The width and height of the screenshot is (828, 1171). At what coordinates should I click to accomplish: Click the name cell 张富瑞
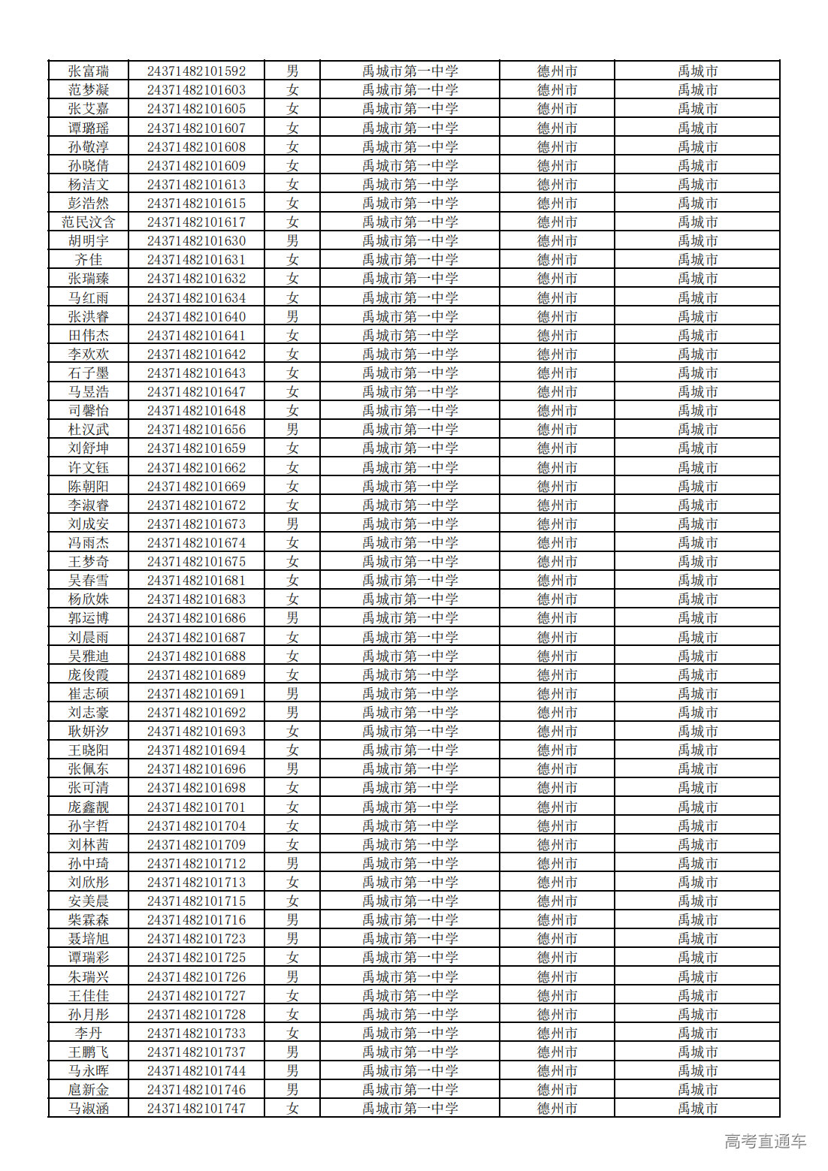point(89,71)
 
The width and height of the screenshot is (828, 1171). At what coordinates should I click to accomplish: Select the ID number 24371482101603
point(196,90)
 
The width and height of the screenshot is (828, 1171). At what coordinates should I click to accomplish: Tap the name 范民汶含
point(89,222)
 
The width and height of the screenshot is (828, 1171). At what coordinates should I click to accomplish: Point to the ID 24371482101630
point(196,241)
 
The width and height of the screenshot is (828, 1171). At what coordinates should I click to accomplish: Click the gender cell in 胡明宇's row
point(292,241)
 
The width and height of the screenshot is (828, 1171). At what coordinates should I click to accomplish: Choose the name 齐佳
point(89,260)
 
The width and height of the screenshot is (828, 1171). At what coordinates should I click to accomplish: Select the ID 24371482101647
point(196,392)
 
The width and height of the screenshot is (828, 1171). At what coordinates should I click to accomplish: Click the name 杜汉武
point(89,430)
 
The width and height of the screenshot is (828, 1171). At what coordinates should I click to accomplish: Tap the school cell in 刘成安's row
point(409,524)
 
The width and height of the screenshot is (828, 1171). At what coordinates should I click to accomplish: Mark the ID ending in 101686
point(196,618)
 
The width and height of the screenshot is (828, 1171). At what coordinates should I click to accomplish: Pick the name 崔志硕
point(89,694)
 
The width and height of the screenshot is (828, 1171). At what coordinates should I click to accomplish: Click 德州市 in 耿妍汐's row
point(557,732)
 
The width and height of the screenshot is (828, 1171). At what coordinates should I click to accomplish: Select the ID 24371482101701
point(196,807)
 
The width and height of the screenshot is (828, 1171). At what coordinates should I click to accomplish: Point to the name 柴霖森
point(89,920)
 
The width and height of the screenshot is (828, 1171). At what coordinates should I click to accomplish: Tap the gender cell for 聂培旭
point(292,939)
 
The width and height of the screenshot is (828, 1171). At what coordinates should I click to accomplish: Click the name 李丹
point(89,1034)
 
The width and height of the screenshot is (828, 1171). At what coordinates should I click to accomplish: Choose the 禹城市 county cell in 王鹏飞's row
point(697,1052)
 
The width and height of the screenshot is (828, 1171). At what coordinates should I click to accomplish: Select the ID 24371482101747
point(196,1109)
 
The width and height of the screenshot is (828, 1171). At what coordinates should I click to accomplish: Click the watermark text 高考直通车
point(765,1142)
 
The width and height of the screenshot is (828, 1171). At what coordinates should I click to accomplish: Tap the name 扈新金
point(89,1090)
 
